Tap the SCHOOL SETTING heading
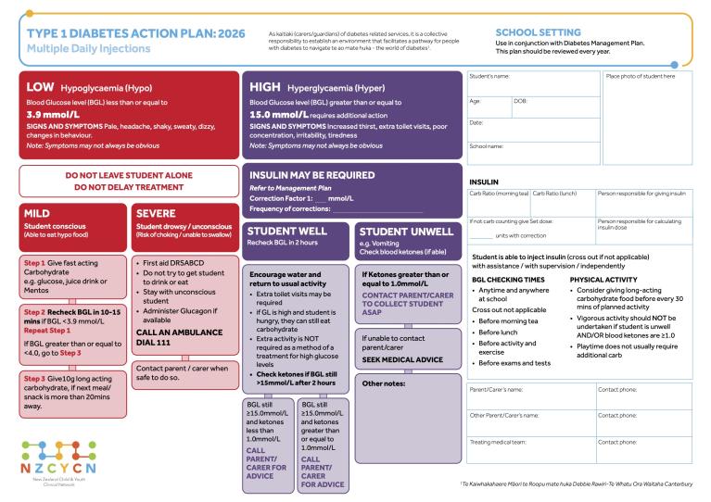point(540,32)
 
